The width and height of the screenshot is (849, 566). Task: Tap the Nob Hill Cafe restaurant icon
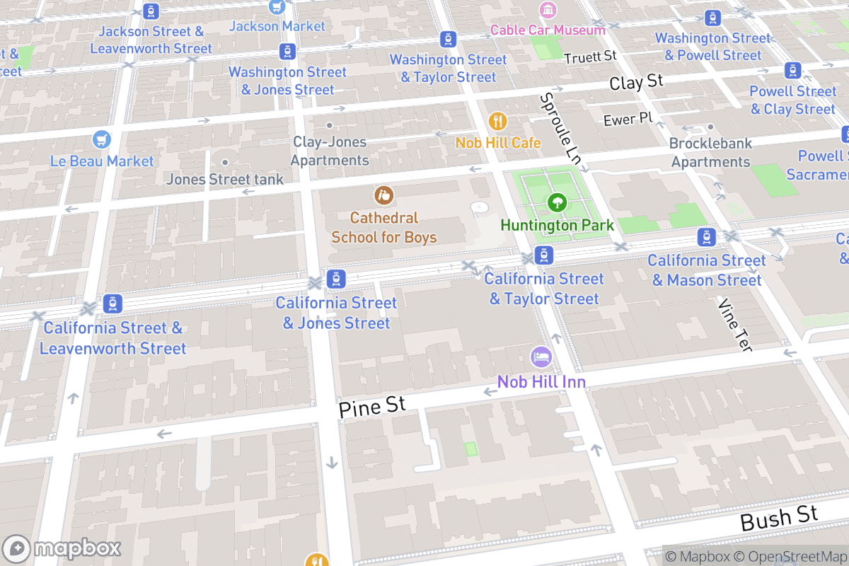(498, 122)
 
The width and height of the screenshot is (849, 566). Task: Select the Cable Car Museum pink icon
(548, 10)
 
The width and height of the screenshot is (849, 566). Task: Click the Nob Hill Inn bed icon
(541, 356)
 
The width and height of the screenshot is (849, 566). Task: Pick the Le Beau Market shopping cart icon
(102, 139)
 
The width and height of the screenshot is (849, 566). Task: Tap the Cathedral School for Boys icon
(384, 194)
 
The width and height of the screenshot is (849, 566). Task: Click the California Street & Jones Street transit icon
(336, 279)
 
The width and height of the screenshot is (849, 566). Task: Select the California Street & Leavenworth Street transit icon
(112, 304)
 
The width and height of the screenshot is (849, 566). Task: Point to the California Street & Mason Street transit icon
(706, 238)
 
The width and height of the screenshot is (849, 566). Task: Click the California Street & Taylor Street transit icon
(543, 255)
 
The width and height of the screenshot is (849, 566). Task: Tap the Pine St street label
(371, 407)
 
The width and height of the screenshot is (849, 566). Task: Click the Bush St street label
(778, 519)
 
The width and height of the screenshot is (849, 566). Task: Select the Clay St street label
(636, 83)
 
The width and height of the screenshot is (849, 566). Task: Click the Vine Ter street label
(735, 324)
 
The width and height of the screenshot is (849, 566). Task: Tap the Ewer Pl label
(628, 119)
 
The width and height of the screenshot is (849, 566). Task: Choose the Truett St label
(590, 55)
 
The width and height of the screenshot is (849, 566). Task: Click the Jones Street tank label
(224, 180)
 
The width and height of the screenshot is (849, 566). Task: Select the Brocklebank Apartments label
(710, 152)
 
